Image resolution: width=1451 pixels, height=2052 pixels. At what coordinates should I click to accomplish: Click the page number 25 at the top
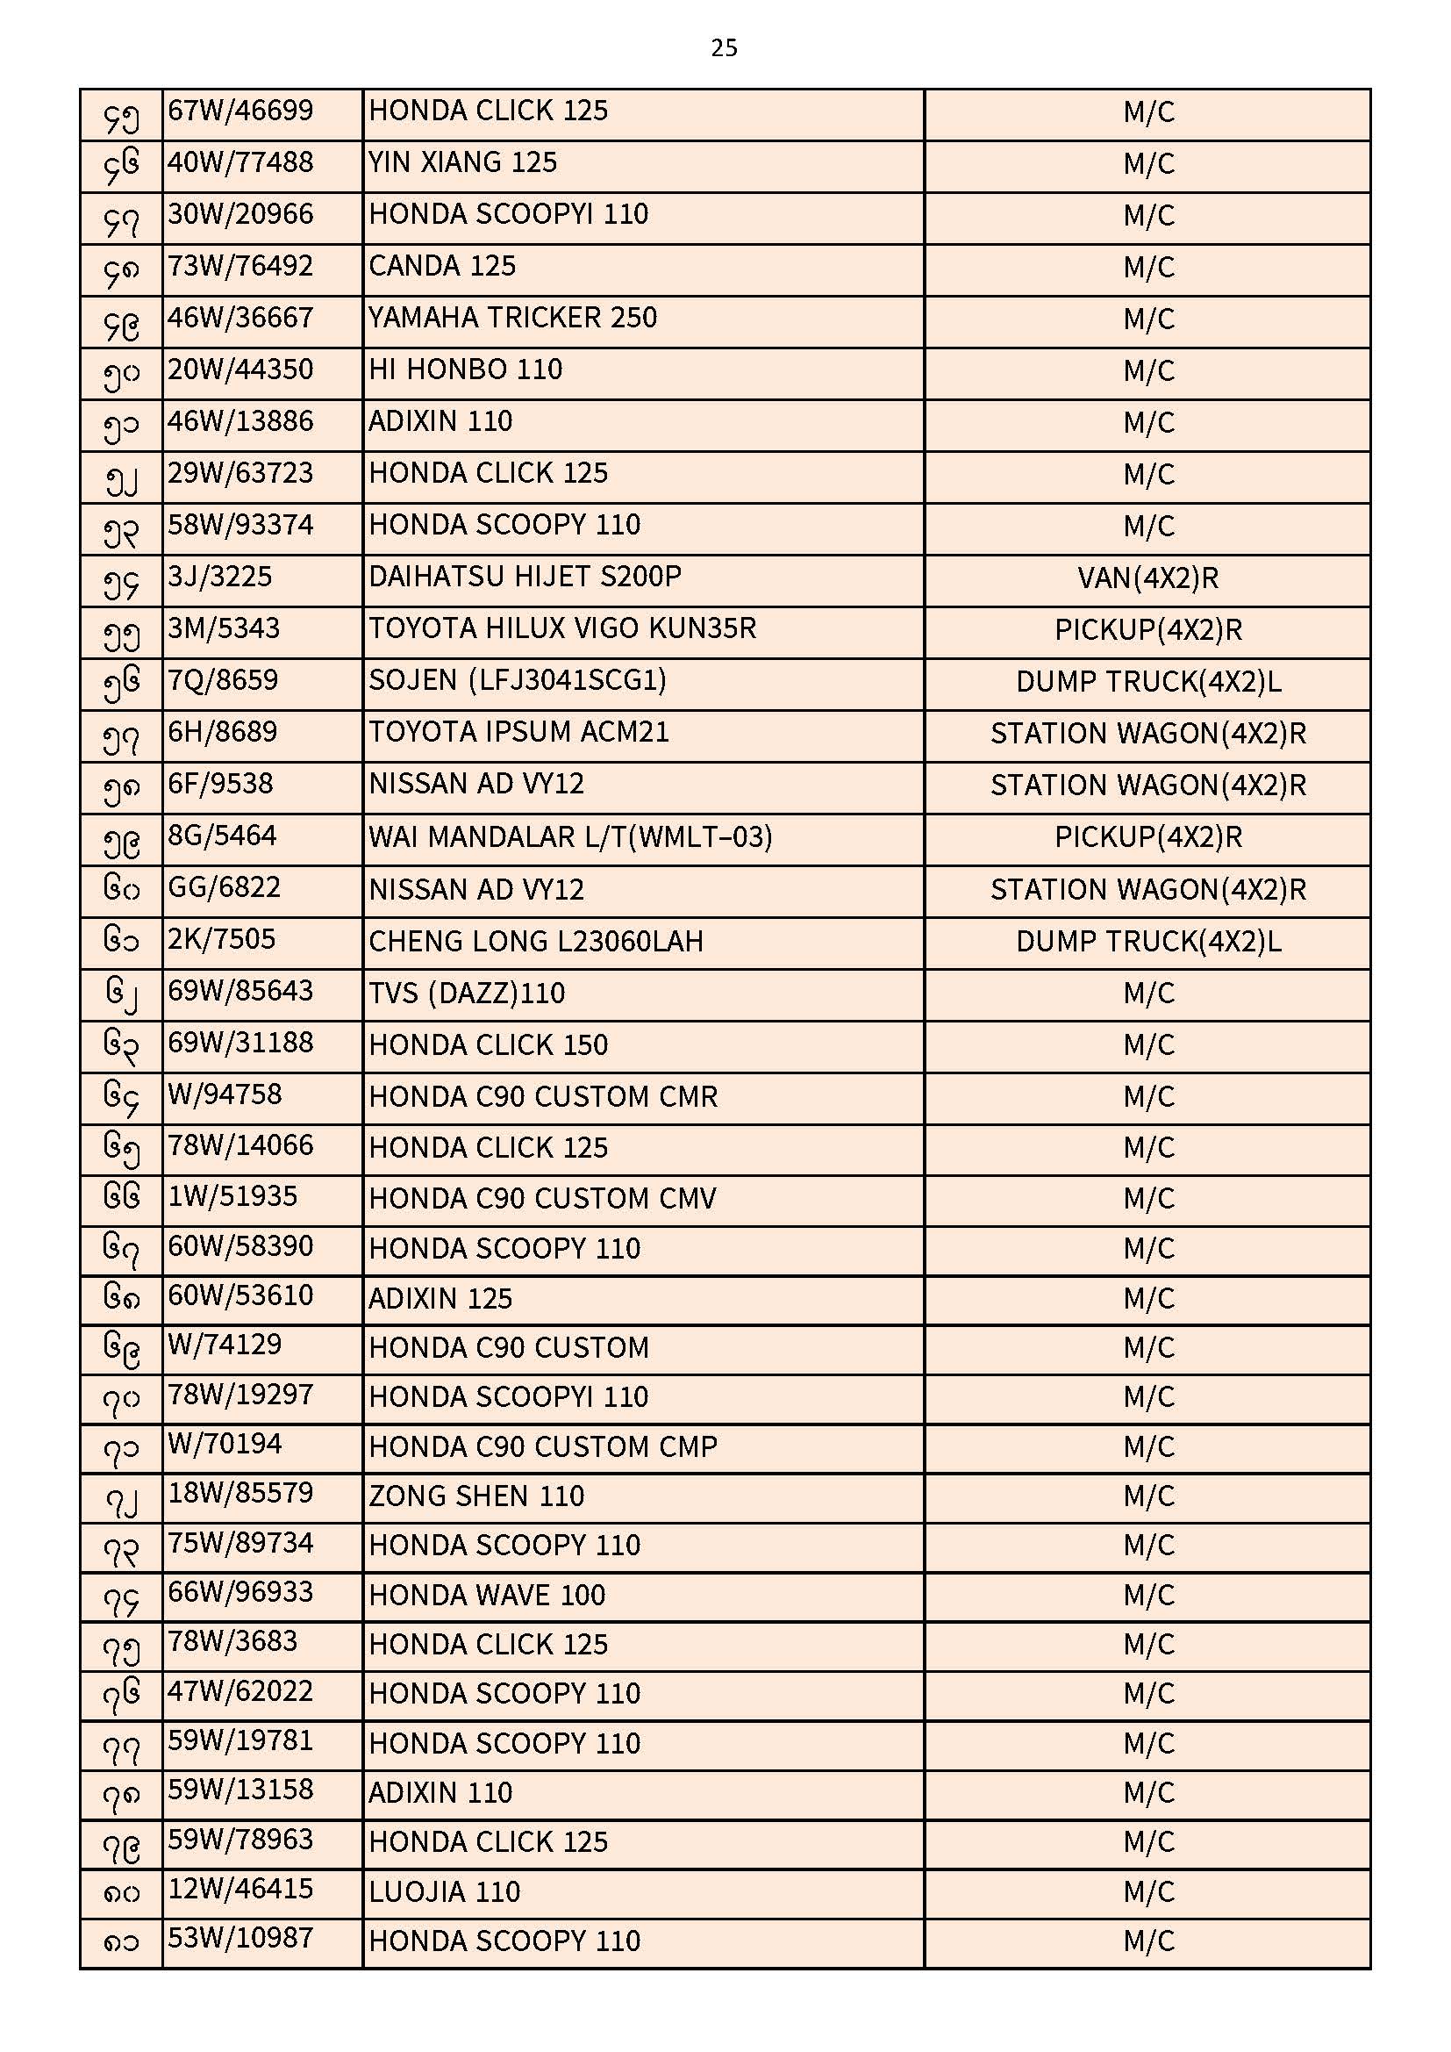click(x=724, y=47)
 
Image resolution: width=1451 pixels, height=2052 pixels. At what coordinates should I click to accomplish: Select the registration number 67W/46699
click(x=240, y=111)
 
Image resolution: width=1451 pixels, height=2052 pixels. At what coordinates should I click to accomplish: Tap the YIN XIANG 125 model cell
click(x=463, y=162)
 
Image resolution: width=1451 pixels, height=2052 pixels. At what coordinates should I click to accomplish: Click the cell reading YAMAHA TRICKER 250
click(x=513, y=319)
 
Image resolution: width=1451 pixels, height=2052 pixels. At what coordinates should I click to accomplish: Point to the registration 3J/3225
click(x=220, y=577)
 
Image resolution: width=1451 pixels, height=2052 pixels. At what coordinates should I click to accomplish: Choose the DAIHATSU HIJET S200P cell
click(x=525, y=577)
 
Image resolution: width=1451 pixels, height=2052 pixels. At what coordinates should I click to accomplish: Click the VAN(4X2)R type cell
click(x=1147, y=578)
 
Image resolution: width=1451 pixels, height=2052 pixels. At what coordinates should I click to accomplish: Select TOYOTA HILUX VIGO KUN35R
click(x=562, y=628)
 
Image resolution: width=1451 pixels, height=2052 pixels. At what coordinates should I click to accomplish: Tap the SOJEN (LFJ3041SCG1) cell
click(x=518, y=680)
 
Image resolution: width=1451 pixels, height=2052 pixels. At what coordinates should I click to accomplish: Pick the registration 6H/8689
click(x=223, y=732)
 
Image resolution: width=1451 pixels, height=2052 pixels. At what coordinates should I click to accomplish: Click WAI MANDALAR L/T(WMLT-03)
click(x=570, y=836)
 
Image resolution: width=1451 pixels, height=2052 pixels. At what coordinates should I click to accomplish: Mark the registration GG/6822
click(x=225, y=887)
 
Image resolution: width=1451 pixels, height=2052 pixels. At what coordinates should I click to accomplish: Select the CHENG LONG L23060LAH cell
click(x=536, y=941)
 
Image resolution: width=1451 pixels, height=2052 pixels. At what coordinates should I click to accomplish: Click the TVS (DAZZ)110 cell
click(x=467, y=993)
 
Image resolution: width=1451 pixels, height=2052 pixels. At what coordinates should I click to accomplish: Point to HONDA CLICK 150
click(x=488, y=1044)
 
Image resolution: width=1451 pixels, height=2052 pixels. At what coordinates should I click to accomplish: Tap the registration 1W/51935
click(x=232, y=1195)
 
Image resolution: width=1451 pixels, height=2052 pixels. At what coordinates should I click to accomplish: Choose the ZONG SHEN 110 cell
click(x=476, y=1496)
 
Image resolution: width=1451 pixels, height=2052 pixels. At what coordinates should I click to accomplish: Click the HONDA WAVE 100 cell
click(x=487, y=1596)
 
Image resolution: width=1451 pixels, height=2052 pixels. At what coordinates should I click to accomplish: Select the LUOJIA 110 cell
click(x=444, y=1892)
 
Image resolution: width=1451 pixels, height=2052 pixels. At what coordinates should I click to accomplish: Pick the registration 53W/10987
click(x=240, y=1939)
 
